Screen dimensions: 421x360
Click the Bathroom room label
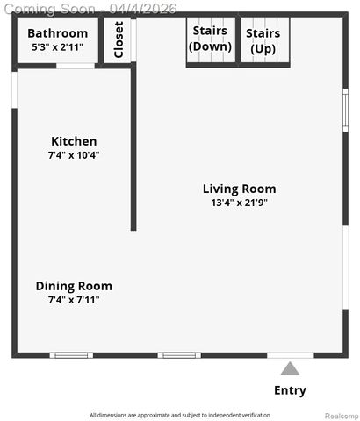[x=57, y=33]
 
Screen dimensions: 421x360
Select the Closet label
[x=119, y=39]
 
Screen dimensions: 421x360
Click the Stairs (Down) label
[x=211, y=39]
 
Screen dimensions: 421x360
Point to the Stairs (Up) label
[x=263, y=40]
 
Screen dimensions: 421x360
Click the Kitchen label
[x=74, y=141]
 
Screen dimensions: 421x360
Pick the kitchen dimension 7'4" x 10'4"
[x=74, y=155]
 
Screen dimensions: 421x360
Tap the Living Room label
[x=239, y=189]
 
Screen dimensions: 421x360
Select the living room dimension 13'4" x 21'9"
[x=239, y=203]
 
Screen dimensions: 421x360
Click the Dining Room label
[x=74, y=286]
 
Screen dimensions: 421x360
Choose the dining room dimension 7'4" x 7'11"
[x=74, y=300]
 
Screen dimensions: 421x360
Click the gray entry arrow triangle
[x=290, y=369]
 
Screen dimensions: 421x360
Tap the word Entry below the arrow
[x=290, y=390]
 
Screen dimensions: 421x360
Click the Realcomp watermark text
[x=342, y=415]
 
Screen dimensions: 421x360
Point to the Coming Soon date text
[x=89, y=8]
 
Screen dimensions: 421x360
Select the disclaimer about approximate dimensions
[x=180, y=415]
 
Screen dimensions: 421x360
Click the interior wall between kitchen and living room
[x=133, y=149]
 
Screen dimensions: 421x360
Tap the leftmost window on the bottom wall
[x=70, y=355]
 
